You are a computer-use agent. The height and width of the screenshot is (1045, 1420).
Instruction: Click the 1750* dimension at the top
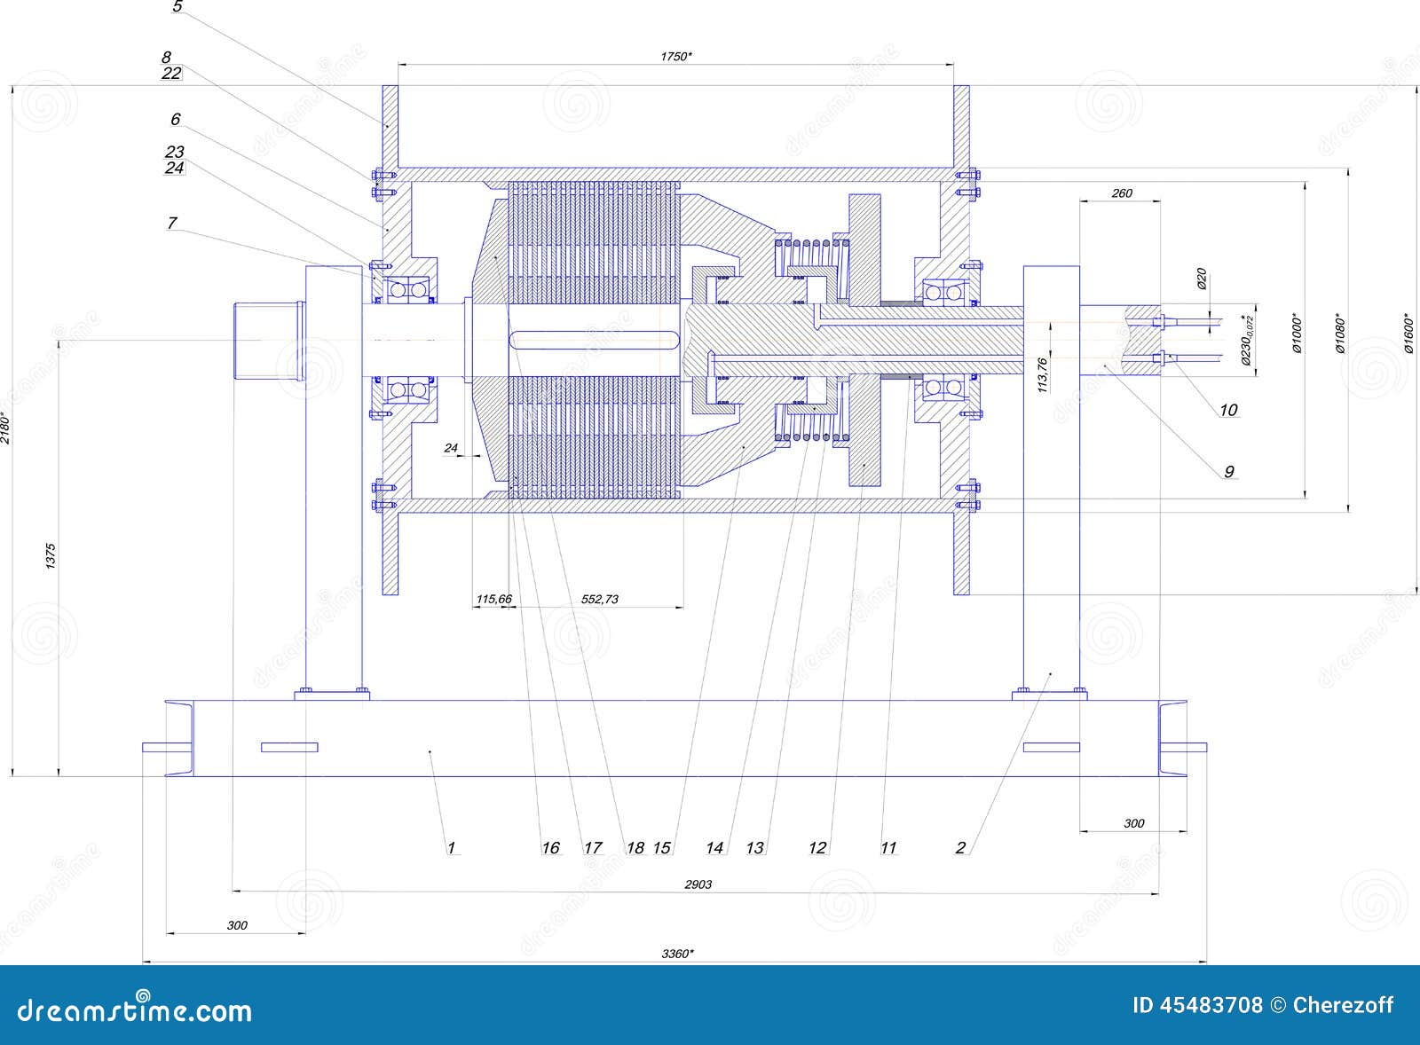click(676, 56)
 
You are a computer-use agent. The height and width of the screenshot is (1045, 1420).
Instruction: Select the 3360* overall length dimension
click(677, 954)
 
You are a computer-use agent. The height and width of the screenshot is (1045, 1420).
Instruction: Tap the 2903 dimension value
click(698, 884)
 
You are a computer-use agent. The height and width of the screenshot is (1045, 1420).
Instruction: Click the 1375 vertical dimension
click(51, 554)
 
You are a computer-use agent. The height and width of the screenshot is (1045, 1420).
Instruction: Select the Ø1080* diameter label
click(1340, 333)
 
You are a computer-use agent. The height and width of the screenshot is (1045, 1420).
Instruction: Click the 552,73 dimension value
click(599, 599)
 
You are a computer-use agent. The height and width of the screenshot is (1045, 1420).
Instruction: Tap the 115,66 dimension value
click(493, 599)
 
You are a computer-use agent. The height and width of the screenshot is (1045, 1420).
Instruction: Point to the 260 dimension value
click(1122, 192)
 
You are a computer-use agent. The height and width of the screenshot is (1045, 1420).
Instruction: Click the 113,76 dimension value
click(1043, 373)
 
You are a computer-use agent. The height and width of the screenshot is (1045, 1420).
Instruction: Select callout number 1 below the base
click(451, 848)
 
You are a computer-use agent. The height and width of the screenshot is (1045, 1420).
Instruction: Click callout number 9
click(1229, 471)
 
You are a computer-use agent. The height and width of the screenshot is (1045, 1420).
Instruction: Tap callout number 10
click(1228, 410)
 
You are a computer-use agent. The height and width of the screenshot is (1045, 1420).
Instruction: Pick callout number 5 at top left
click(177, 7)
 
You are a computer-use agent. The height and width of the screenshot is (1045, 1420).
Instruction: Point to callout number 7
click(172, 223)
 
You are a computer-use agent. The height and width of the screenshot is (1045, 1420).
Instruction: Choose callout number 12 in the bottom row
click(817, 848)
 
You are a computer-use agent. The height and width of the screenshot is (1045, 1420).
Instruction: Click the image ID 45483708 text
click(1197, 1005)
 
